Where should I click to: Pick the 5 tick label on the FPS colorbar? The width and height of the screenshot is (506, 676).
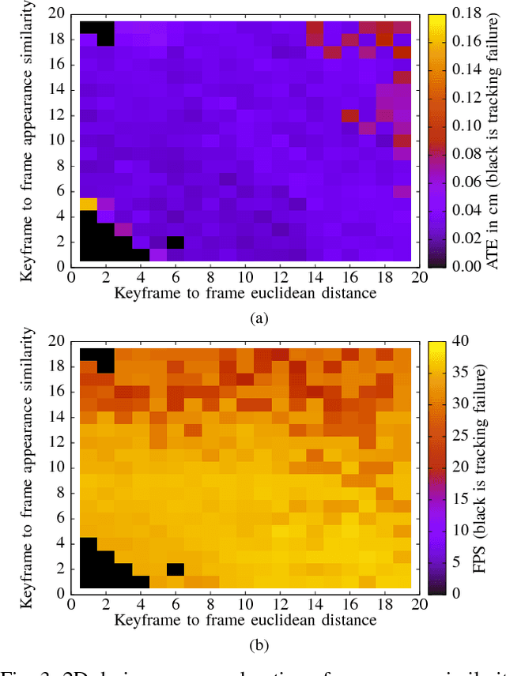coord(457,561)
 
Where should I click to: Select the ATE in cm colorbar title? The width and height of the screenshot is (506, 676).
coord(492,141)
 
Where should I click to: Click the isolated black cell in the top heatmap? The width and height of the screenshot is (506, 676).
coord(176,242)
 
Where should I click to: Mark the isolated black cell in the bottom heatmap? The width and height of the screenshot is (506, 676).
coord(176,569)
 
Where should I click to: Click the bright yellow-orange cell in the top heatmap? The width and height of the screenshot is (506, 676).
coord(89,205)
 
